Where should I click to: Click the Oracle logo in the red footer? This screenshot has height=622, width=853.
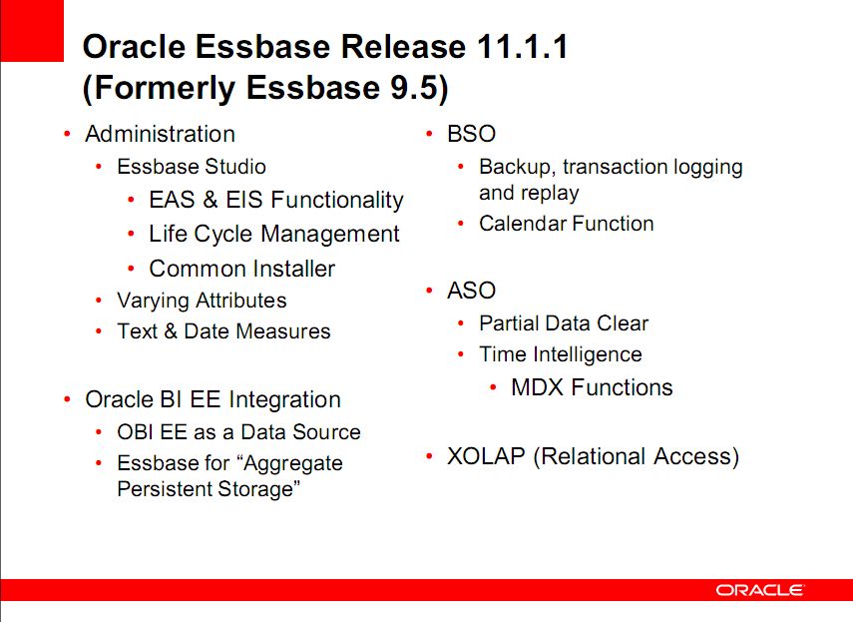(x=759, y=590)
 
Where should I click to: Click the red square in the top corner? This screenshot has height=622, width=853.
(x=32, y=31)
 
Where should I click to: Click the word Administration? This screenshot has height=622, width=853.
(x=160, y=134)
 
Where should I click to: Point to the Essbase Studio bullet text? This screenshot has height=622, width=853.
(x=192, y=167)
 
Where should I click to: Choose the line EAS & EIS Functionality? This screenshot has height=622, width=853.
(x=276, y=200)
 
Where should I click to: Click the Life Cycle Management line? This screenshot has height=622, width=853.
(x=274, y=234)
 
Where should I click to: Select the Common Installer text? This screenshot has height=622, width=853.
(x=242, y=269)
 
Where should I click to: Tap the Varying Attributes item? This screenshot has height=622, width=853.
(x=202, y=301)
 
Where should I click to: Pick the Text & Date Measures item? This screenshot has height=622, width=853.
(x=223, y=330)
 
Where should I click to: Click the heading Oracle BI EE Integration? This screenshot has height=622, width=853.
(x=213, y=400)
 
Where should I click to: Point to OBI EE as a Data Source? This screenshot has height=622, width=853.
(x=238, y=432)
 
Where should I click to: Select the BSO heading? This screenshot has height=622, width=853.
(x=471, y=134)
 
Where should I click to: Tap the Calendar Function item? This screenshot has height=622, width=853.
(x=567, y=224)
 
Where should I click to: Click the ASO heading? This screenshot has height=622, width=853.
(x=471, y=291)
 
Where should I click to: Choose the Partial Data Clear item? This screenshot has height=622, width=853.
(x=564, y=323)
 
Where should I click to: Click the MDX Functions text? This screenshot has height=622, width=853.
(x=592, y=387)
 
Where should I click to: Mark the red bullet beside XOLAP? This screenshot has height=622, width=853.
(x=429, y=455)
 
